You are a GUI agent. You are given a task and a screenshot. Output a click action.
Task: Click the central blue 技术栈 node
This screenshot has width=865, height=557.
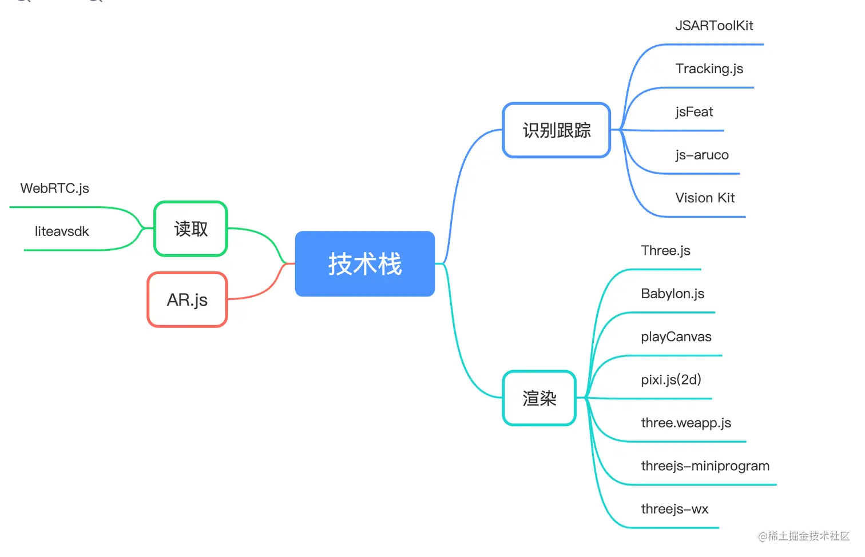tap(364, 264)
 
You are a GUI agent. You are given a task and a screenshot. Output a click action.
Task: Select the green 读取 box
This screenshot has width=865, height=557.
tap(191, 229)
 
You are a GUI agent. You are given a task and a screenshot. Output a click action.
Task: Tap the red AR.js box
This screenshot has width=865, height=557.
tap(187, 300)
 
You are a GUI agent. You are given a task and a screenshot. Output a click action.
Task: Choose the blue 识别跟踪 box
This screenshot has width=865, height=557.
tap(557, 130)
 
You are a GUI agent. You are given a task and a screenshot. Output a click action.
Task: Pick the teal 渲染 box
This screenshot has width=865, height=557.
tap(539, 398)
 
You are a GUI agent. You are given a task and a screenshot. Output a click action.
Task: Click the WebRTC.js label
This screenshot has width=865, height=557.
tap(54, 189)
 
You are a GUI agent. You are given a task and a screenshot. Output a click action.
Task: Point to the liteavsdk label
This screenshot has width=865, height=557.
tap(62, 231)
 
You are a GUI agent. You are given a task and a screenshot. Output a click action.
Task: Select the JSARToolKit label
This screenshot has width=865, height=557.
tap(714, 26)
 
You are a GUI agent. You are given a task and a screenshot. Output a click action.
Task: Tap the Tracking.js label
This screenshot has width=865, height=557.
tap(709, 69)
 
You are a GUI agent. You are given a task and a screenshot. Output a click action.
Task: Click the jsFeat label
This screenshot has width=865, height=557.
tap(694, 112)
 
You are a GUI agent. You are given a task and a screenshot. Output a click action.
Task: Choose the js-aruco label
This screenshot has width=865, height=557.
tap(701, 155)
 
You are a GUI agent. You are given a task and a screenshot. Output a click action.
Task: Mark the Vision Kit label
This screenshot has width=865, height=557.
tap(705, 198)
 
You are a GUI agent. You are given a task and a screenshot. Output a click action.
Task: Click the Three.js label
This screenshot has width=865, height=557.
tap(665, 251)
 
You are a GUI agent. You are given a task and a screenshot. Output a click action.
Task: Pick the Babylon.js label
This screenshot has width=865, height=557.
tap(672, 294)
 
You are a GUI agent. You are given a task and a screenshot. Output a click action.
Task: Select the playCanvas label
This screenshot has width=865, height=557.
tap(676, 337)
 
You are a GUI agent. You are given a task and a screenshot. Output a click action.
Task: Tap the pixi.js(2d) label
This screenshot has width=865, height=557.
tap(670, 380)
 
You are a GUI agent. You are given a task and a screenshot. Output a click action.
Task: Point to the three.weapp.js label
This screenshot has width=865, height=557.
tap(686, 423)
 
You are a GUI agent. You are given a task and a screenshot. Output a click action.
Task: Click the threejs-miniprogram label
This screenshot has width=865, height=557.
tap(705, 466)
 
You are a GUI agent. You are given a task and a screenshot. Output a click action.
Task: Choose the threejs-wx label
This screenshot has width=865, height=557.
tap(674, 509)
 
